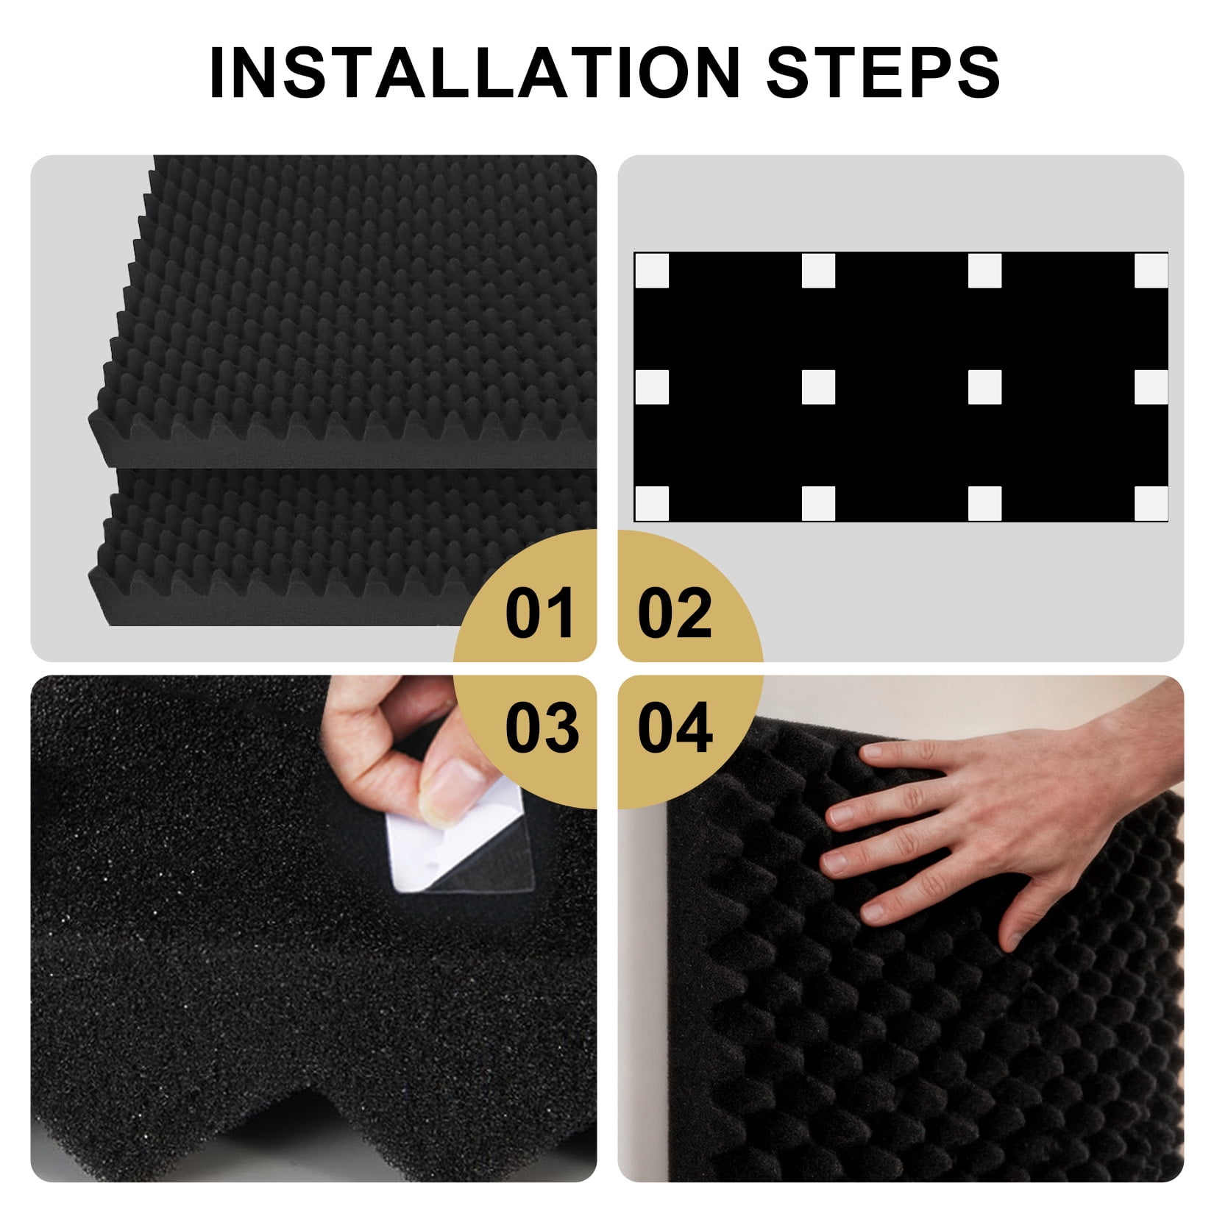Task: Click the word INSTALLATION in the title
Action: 474,72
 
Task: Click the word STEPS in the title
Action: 884,72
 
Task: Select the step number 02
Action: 675,613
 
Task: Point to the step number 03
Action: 542,727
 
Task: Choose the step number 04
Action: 675,727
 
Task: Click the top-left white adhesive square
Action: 652,271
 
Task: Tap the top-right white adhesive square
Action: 1151,271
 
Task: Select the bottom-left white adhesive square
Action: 652,504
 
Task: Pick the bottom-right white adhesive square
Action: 1151,504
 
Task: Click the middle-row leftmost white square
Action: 652,387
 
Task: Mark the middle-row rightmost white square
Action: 1151,387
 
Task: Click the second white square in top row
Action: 818,271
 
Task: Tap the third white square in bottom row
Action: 985,504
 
